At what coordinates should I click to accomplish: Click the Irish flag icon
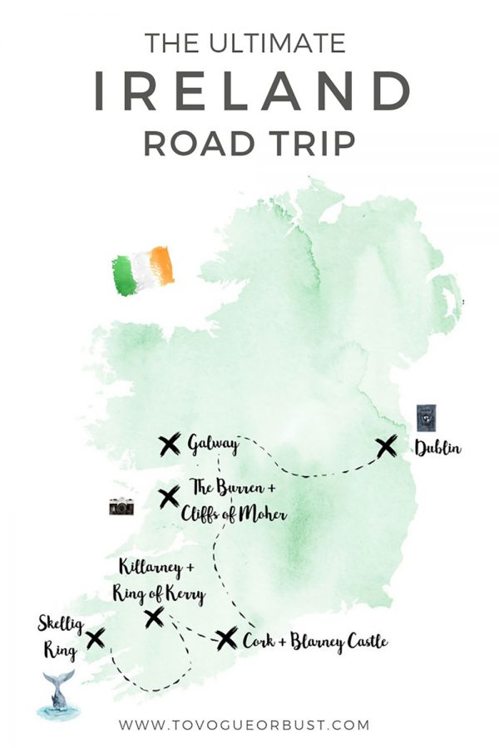143,270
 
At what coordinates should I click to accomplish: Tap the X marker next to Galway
170,445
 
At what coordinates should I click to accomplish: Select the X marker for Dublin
386,447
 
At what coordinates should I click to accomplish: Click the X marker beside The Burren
169,498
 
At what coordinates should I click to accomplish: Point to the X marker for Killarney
154,617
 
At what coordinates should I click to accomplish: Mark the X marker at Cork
226,638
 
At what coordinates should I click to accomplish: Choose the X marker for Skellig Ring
95,637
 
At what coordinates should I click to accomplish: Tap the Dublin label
437,450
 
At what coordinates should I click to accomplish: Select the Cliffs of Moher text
234,515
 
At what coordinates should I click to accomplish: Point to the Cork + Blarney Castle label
314,641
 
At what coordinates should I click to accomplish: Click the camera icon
121,506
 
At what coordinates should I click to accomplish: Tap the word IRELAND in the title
249,90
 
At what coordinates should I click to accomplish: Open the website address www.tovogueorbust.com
244,725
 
